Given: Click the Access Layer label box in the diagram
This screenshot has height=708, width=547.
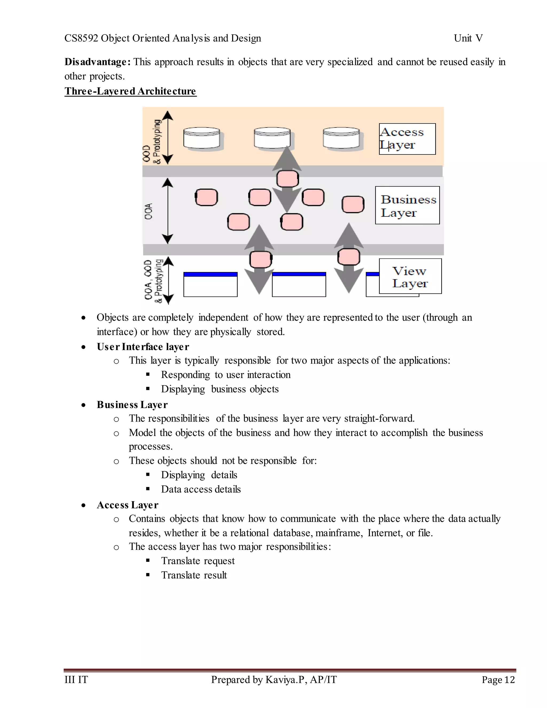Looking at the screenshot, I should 407,139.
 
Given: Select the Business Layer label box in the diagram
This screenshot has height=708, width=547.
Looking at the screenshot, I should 407,205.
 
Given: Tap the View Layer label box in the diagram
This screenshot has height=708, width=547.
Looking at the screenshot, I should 410,276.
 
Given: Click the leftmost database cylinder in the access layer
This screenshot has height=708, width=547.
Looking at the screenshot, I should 202,138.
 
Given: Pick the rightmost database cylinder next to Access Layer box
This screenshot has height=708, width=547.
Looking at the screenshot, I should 341,138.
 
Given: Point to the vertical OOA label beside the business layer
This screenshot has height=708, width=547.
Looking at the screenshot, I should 149,211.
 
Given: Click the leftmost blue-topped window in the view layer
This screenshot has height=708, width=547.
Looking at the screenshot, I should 210,284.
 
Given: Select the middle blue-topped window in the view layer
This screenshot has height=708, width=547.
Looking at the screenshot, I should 299,284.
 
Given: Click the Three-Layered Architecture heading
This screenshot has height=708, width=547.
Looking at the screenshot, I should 130,91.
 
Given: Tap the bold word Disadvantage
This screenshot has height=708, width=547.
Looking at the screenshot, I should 97,62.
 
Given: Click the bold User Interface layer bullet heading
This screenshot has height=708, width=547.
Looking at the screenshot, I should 143,347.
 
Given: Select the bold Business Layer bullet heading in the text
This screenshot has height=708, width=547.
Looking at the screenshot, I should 132,404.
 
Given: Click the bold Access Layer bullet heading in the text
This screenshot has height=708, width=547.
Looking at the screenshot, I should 127,505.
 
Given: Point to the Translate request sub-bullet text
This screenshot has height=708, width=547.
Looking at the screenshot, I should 198,561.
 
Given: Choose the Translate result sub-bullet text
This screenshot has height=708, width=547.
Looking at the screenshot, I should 194,575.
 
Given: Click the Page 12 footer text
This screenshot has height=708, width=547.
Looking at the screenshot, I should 498,679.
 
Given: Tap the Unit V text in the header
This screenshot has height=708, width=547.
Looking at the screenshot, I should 468,38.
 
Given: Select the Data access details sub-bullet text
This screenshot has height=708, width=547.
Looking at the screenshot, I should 201,489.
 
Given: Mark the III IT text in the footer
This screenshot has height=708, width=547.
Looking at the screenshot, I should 76,679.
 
